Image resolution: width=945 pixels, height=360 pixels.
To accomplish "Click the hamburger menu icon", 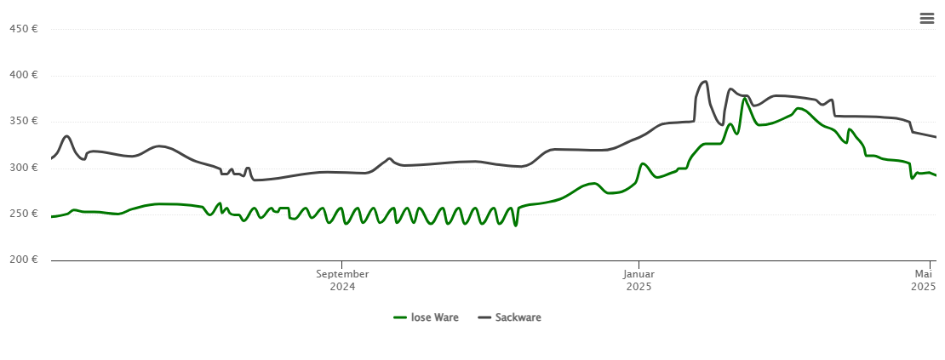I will (x=927, y=19).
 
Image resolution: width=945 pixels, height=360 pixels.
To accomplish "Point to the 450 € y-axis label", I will (x=23, y=29).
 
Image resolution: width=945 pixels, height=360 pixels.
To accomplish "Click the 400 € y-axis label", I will (x=23, y=75).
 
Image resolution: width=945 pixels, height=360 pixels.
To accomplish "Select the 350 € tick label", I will (x=23, y=121).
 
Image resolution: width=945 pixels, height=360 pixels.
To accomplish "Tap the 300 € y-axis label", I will (x=23, y=168).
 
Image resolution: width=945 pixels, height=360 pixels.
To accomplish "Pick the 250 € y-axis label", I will (x=23, y=214).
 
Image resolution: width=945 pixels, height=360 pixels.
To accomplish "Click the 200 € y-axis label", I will (x=23, y=260).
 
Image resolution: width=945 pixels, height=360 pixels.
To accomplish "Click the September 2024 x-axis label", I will (x=342, y=280).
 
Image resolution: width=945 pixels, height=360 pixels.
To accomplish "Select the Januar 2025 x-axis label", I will (x=639, y=280).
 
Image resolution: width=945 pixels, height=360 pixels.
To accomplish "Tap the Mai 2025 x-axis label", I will (x=924, y=280).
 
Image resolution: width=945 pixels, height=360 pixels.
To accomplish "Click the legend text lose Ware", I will (x=435, y=317).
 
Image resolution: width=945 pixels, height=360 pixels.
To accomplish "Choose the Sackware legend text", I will (x=518, y=317).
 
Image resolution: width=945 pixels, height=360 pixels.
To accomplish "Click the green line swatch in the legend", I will (x=400, y=317).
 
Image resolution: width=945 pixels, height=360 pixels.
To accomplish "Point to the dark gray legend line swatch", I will (x=484, y=317).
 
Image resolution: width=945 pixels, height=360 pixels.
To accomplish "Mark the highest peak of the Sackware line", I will (x=705, y=82).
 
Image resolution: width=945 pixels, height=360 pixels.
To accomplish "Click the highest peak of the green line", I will (x=745, y=98).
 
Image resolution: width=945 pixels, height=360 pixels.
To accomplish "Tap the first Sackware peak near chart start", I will (x=66, y=136).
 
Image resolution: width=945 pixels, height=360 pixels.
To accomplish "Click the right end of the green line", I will (x=936, y=175).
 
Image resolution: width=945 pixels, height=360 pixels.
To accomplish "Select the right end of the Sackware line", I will (x=936, y=137).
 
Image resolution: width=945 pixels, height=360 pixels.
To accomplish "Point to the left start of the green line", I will (x=52, y=216).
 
